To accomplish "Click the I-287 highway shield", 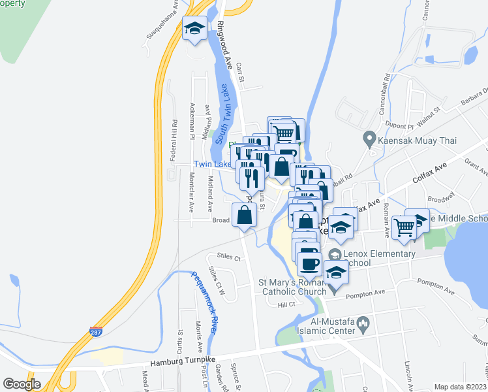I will tap(96, 333).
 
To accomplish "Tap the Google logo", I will tap(22, 384).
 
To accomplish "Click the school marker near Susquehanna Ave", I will tap(194, 29).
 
